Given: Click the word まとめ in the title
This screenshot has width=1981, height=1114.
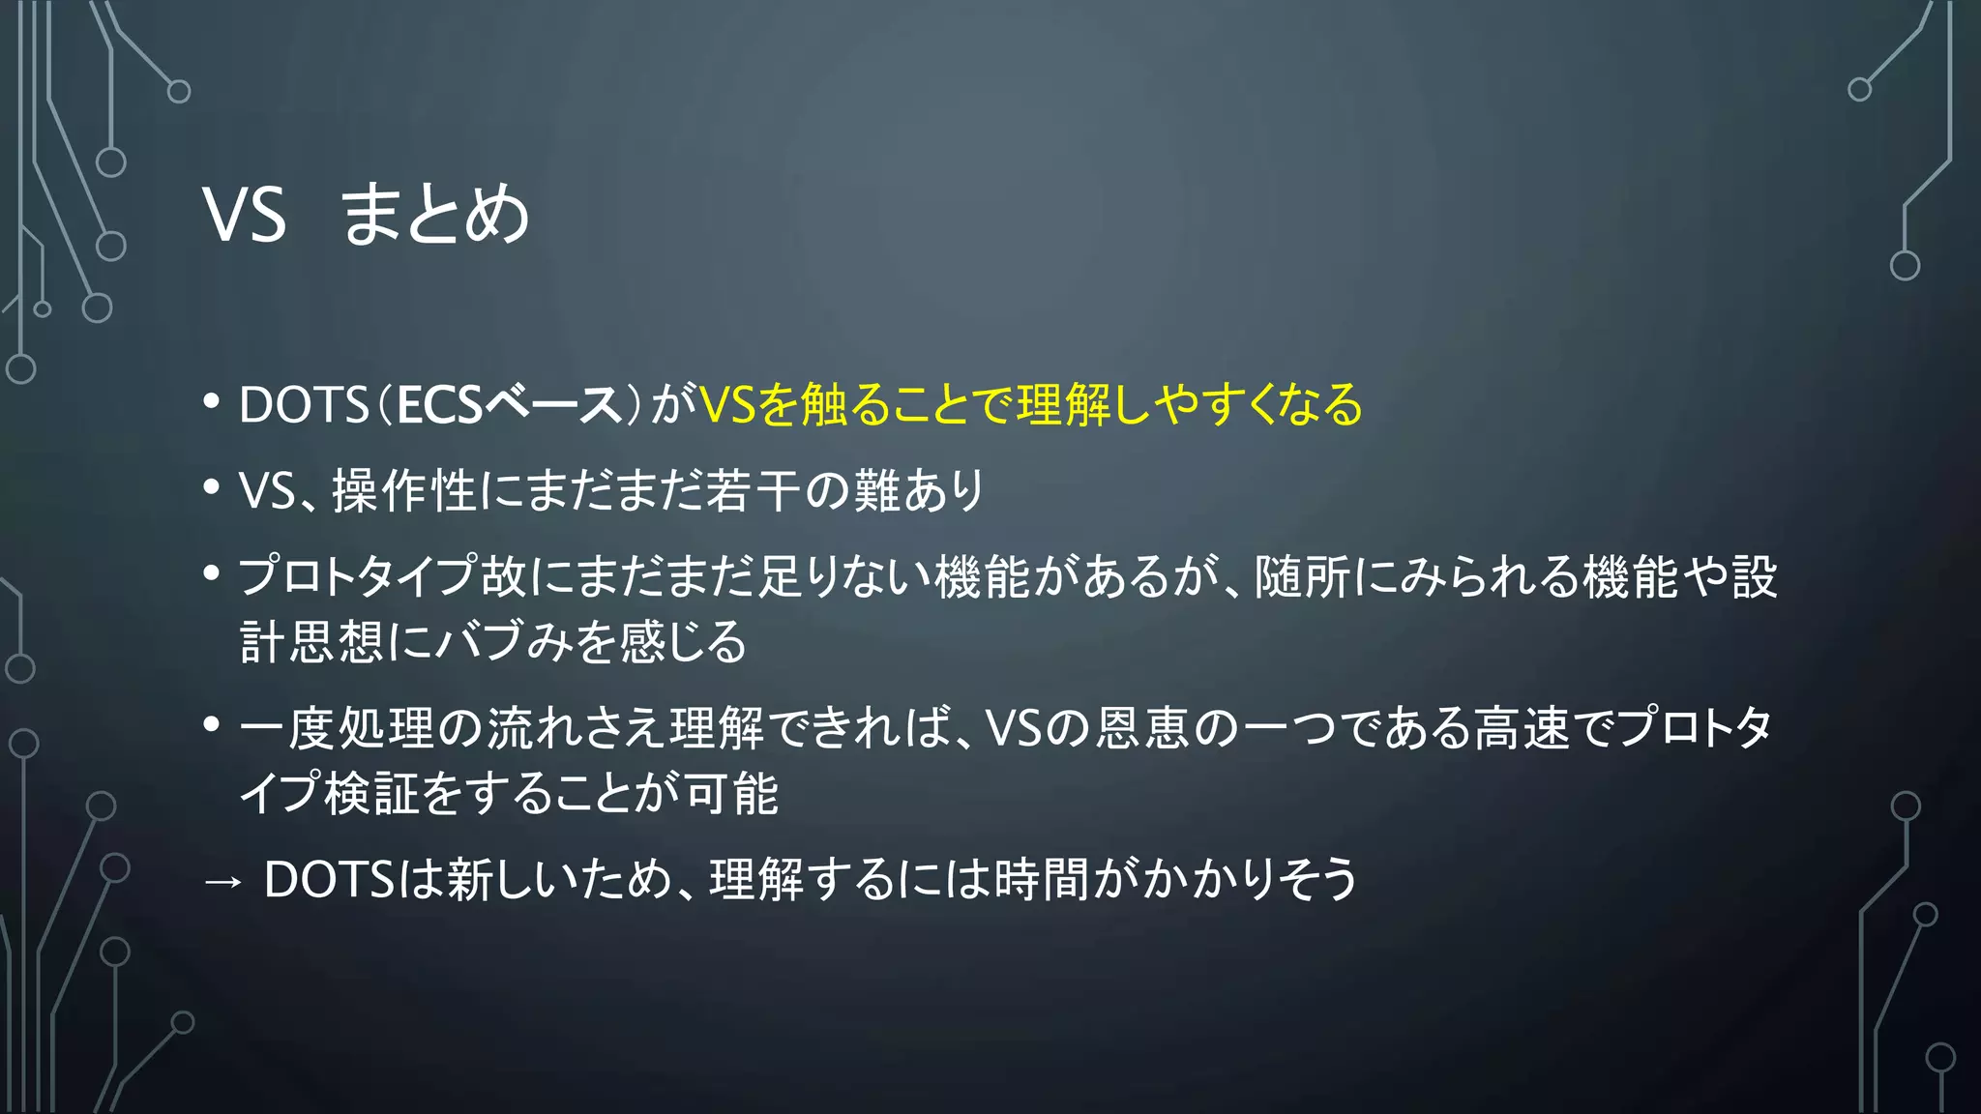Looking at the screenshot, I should (435, 215).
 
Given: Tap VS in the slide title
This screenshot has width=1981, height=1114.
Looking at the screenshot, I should (245, 215).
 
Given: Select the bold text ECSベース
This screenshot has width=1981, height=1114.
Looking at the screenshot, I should (509, 404).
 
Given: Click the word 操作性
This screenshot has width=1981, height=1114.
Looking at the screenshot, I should (404, 490).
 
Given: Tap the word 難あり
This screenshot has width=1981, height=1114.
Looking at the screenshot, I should (919, 490).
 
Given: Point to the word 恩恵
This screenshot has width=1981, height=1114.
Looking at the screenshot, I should (1142, 728).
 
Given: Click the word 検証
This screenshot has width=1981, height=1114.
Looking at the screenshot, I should (372, 794).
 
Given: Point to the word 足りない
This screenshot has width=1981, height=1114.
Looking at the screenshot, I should (845, 577).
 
